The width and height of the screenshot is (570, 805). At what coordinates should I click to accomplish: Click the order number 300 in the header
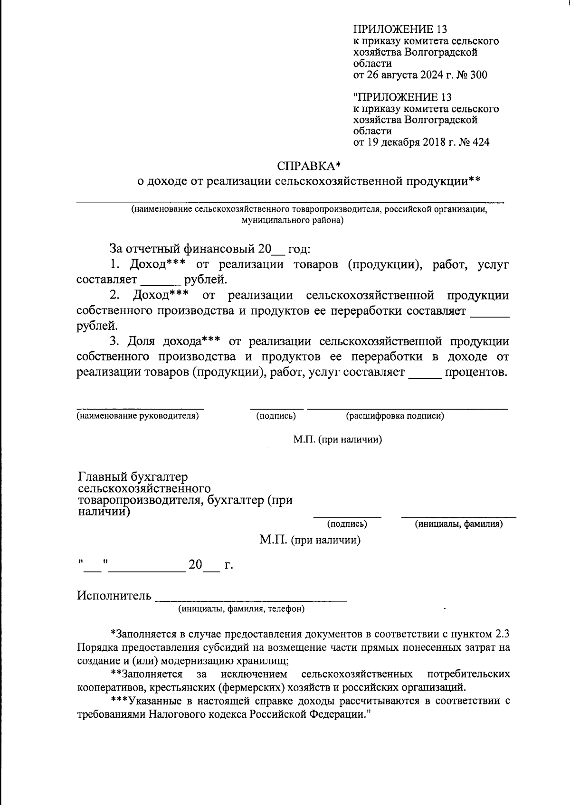[478, 75]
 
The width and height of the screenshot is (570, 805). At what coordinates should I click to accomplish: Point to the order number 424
[480, 142]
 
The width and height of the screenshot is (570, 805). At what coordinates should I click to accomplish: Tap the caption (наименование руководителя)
[138, 416]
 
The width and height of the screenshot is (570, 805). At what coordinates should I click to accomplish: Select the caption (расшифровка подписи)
[395, 416]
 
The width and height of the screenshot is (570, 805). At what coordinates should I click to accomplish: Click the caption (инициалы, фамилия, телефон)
[241, 609]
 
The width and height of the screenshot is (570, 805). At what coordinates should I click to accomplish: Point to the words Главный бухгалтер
[133, 477]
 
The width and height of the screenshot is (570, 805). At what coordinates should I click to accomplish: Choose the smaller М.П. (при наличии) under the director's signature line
[337, 440]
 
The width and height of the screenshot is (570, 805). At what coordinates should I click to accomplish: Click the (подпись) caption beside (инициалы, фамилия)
[347, 524]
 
